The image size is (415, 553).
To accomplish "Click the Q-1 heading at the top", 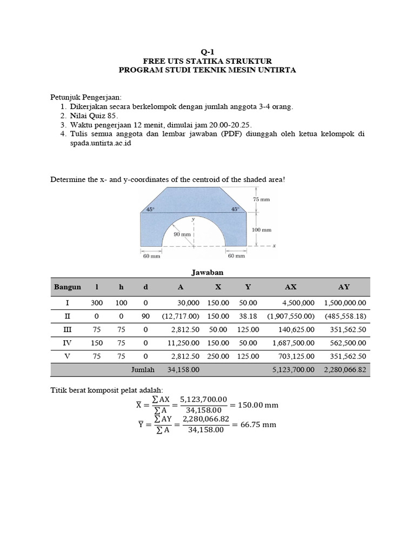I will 207,51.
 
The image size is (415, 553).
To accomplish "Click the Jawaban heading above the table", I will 207,273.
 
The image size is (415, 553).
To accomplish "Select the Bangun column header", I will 68,287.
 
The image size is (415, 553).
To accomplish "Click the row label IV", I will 68,342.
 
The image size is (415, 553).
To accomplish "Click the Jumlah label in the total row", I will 143,370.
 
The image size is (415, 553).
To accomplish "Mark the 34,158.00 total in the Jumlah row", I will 184,370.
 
